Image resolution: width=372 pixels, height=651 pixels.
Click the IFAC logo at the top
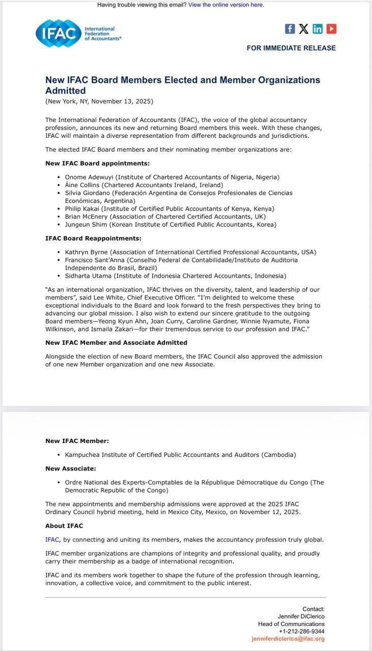point(78,34)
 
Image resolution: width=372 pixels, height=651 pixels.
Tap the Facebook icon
point(290,29)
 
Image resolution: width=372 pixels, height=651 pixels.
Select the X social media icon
point(304,29)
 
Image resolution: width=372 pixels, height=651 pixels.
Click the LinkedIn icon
point(318,29)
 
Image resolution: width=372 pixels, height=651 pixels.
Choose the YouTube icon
point(331,29)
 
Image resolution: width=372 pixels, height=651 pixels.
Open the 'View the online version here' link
point(226,5)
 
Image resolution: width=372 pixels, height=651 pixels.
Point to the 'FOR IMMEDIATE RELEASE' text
point(291,48)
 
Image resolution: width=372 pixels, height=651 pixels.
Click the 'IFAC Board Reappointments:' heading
point(93,239)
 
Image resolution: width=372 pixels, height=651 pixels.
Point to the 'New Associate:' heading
point(71,468)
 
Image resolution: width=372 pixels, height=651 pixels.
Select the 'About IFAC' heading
point(64,526)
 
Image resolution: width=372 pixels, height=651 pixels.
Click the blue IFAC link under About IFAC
point(52,540)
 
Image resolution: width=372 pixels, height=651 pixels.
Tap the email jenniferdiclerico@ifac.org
point(288,639)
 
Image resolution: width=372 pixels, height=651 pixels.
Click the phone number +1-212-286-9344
point(302,631)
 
